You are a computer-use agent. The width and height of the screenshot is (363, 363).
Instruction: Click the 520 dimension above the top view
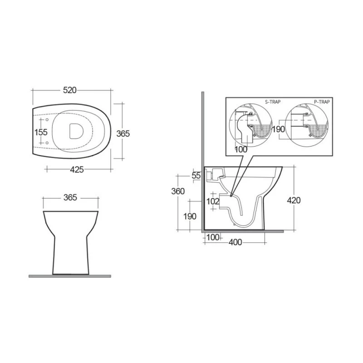(x=70, y=90)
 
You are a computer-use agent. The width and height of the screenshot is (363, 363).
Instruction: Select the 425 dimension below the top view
(x=77, y=170)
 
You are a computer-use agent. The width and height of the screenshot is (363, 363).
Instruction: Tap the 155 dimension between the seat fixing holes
(x=41, y=132)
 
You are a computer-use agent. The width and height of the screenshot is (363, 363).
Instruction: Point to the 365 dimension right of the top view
(x=123, y=133)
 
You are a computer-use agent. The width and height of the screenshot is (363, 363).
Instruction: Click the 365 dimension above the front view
(x=70, y=197)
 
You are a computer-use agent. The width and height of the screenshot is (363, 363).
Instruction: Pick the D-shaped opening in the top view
(x=76, y=131)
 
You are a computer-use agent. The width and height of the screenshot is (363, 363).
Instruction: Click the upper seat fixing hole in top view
(x=47, y=120)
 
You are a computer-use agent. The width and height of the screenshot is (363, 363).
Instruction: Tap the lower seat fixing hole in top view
(x=47, y=143)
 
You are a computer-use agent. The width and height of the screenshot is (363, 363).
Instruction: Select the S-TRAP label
(x=273, y=102)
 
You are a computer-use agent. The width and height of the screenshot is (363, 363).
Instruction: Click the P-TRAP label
(x=322, y=102)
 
